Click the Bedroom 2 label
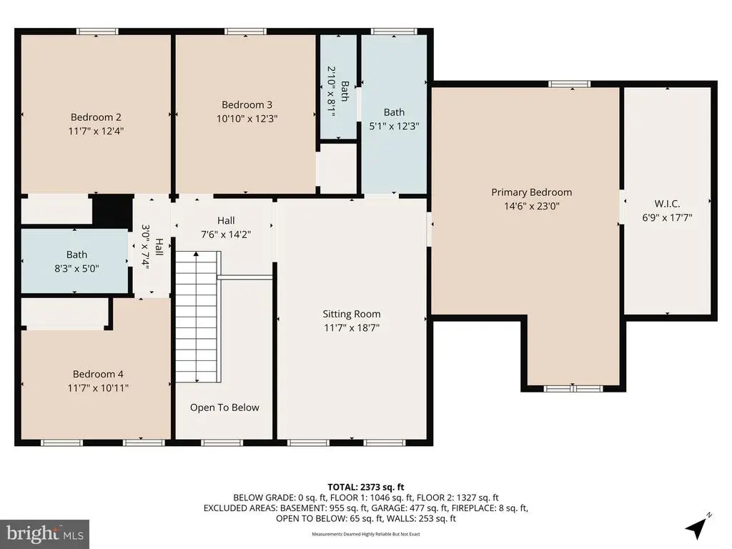tap(96, 117)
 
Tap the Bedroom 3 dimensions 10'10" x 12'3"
tap(247, 119)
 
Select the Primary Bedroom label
tap(531, 192)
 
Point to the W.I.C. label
tap(667, 204)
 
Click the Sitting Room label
tap(352, 315)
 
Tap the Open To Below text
tap(224, 407)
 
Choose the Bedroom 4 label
tap(98, 374)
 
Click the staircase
tap(197, 317)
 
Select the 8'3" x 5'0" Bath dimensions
tap(77, 269)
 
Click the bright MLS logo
tap(45, 534)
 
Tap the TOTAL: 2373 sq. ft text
tap(365, 488)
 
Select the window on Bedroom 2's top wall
tap(97, 31)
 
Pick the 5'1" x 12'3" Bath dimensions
tap(394, 126)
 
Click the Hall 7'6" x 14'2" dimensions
tap(226, 234)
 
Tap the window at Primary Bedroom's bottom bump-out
tap(574, 388)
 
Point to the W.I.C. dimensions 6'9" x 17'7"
tap(667, 217)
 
